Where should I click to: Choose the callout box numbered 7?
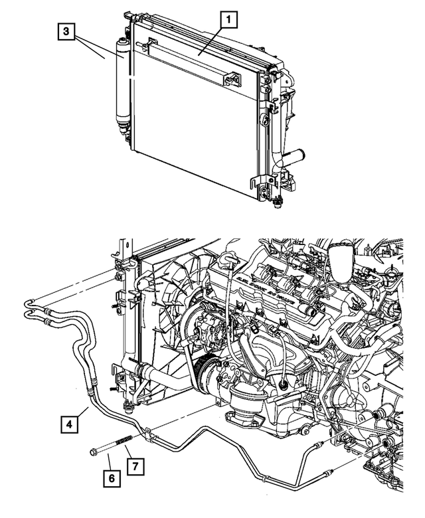pyautogui.click(x=133, y=467)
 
